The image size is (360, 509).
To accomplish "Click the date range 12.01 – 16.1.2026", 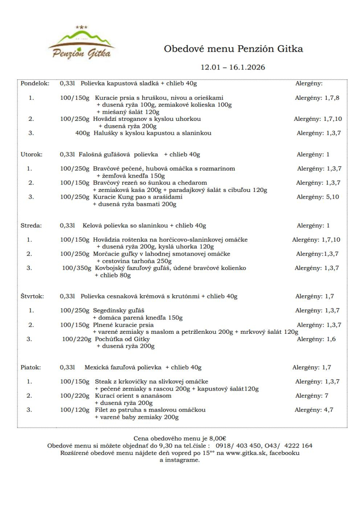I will click(233, 67).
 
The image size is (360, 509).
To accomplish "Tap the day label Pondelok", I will click(35, 84).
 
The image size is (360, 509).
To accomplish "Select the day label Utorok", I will click(31, 154).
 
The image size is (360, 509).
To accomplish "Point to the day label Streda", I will click(31, 226).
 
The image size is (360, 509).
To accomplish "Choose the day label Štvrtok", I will click(32, 296).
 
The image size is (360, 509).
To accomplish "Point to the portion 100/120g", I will click(75, 410).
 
